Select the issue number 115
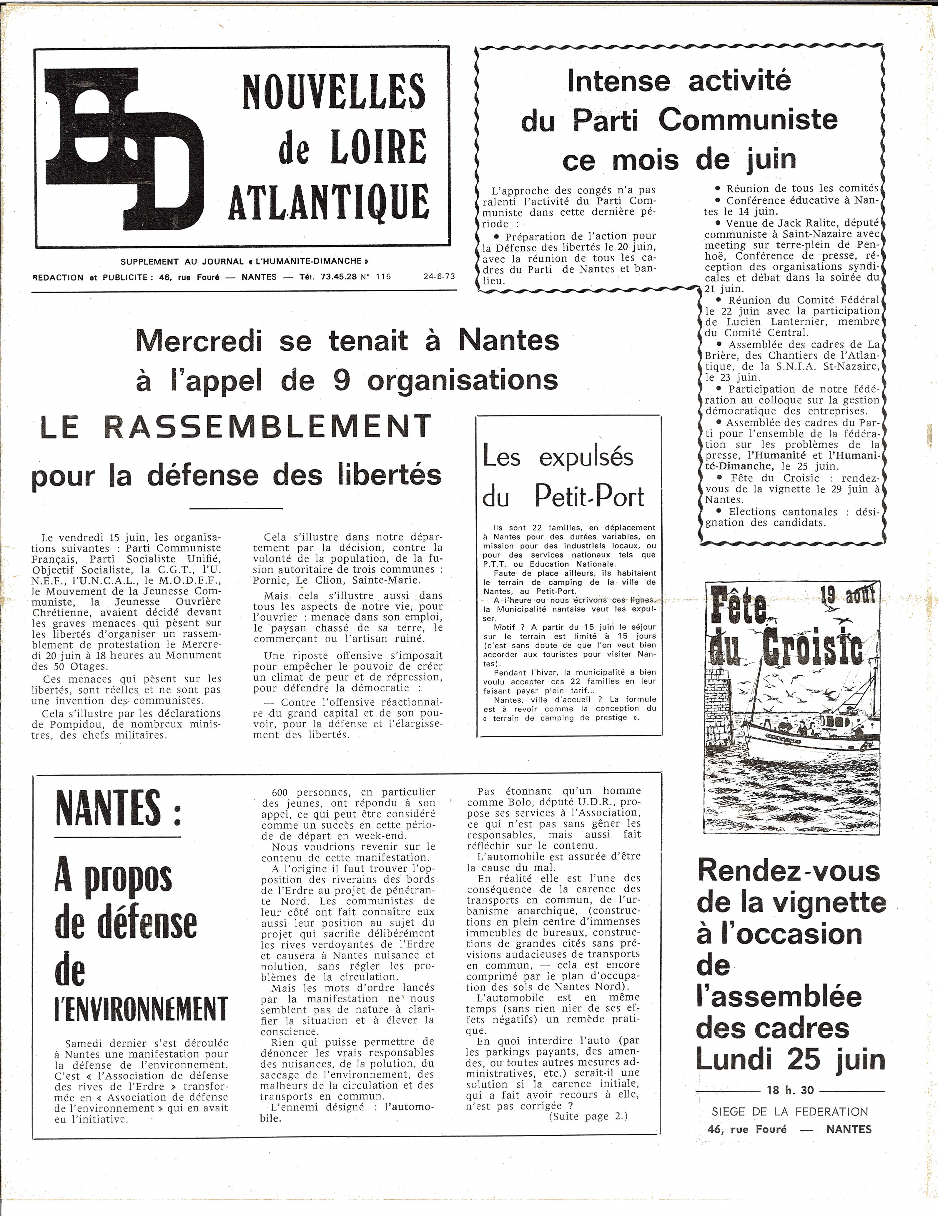383,277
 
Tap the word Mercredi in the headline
199,341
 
